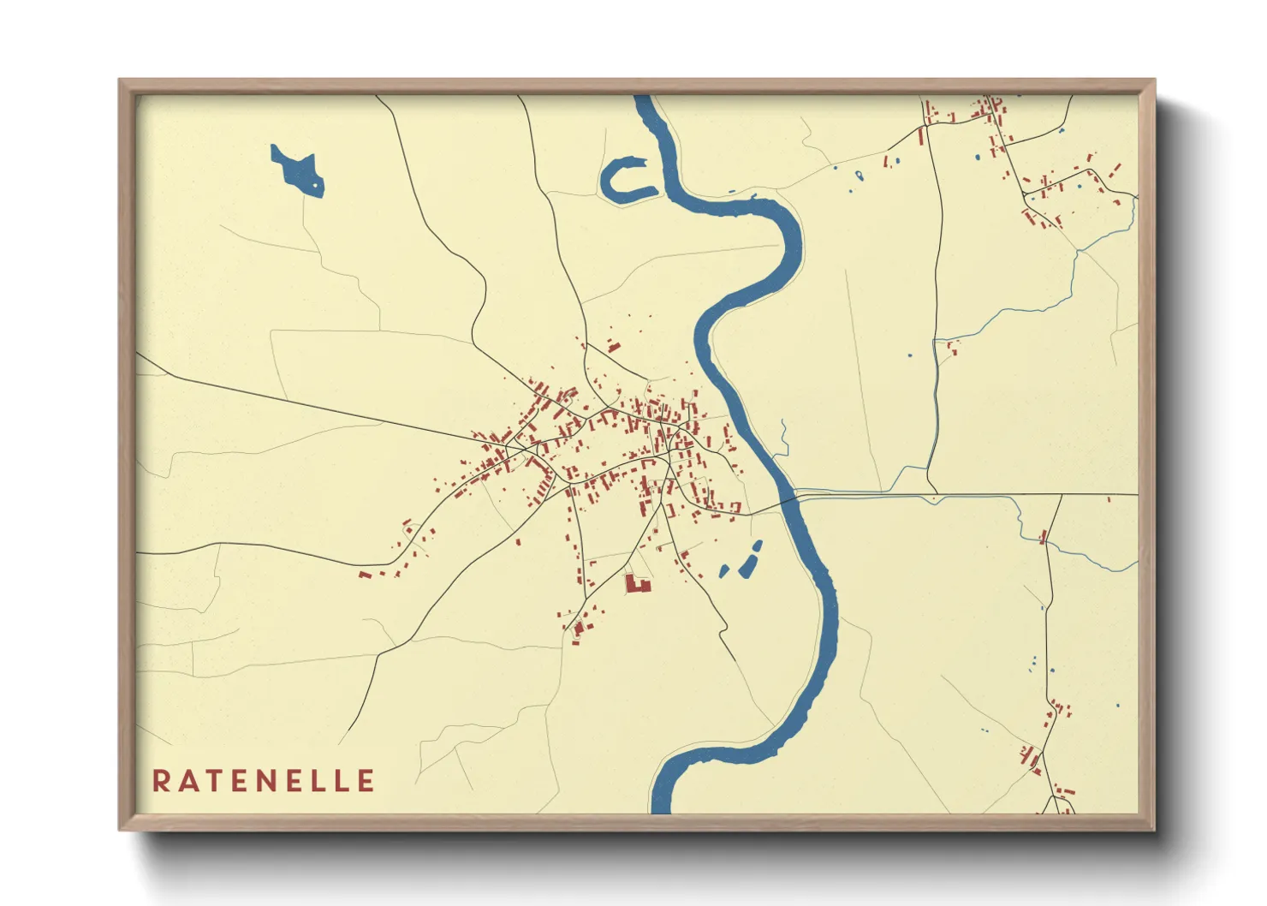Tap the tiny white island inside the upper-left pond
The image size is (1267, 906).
coord(315,183)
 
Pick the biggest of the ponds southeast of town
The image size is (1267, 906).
coord(751,559)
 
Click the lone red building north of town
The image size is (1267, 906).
coord(613,346)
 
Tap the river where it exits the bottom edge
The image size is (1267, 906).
coord(662,805)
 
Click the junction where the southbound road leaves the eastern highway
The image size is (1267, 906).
coord(1062,496)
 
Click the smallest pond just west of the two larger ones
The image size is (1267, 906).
coord(724,570)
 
